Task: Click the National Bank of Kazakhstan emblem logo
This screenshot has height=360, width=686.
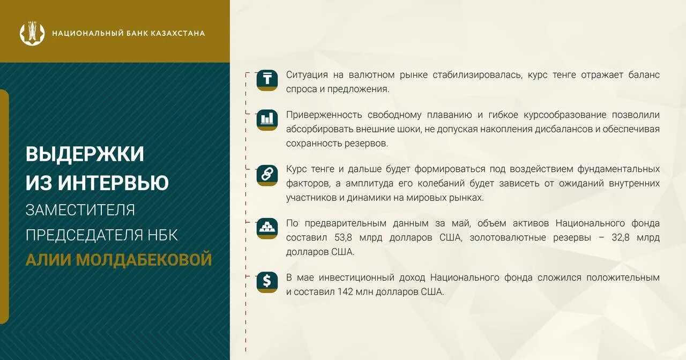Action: (x=32, y=33)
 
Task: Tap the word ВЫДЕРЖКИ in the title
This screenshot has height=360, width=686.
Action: (x=85, y=154)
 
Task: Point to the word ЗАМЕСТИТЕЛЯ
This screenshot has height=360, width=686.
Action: (x=80, y=209)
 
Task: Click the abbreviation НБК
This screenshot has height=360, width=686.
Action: (x=163, y=235)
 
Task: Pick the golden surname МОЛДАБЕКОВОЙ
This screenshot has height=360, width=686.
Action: (x=144, y=260)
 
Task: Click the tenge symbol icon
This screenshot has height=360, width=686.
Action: (x=267, y=80)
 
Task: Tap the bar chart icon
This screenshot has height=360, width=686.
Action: (x=267, y=119)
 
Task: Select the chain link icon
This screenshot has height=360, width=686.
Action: (x=267, y=175)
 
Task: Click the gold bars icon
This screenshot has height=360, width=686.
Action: (x=267, y=228)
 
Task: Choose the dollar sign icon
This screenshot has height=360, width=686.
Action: (x=267, y=282)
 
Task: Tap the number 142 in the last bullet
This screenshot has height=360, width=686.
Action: (x=346, y=292)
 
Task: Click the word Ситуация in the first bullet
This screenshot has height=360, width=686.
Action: (x=307, y=75)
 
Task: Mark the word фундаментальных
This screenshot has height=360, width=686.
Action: (x=618, y=169)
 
